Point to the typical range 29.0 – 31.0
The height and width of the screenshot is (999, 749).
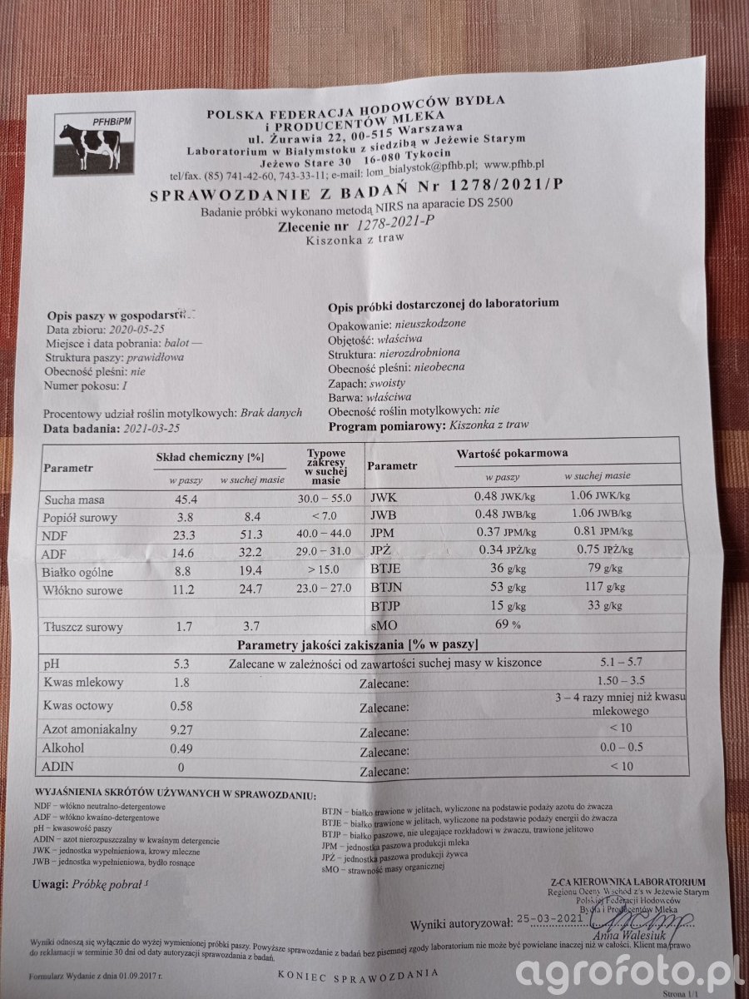point(325,552)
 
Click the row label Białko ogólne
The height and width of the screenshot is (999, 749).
point(78,573)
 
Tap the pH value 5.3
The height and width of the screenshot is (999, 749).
point(184,663)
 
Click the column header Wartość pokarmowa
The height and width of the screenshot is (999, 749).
point(512,453)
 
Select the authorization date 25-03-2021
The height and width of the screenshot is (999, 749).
point(557,918)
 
